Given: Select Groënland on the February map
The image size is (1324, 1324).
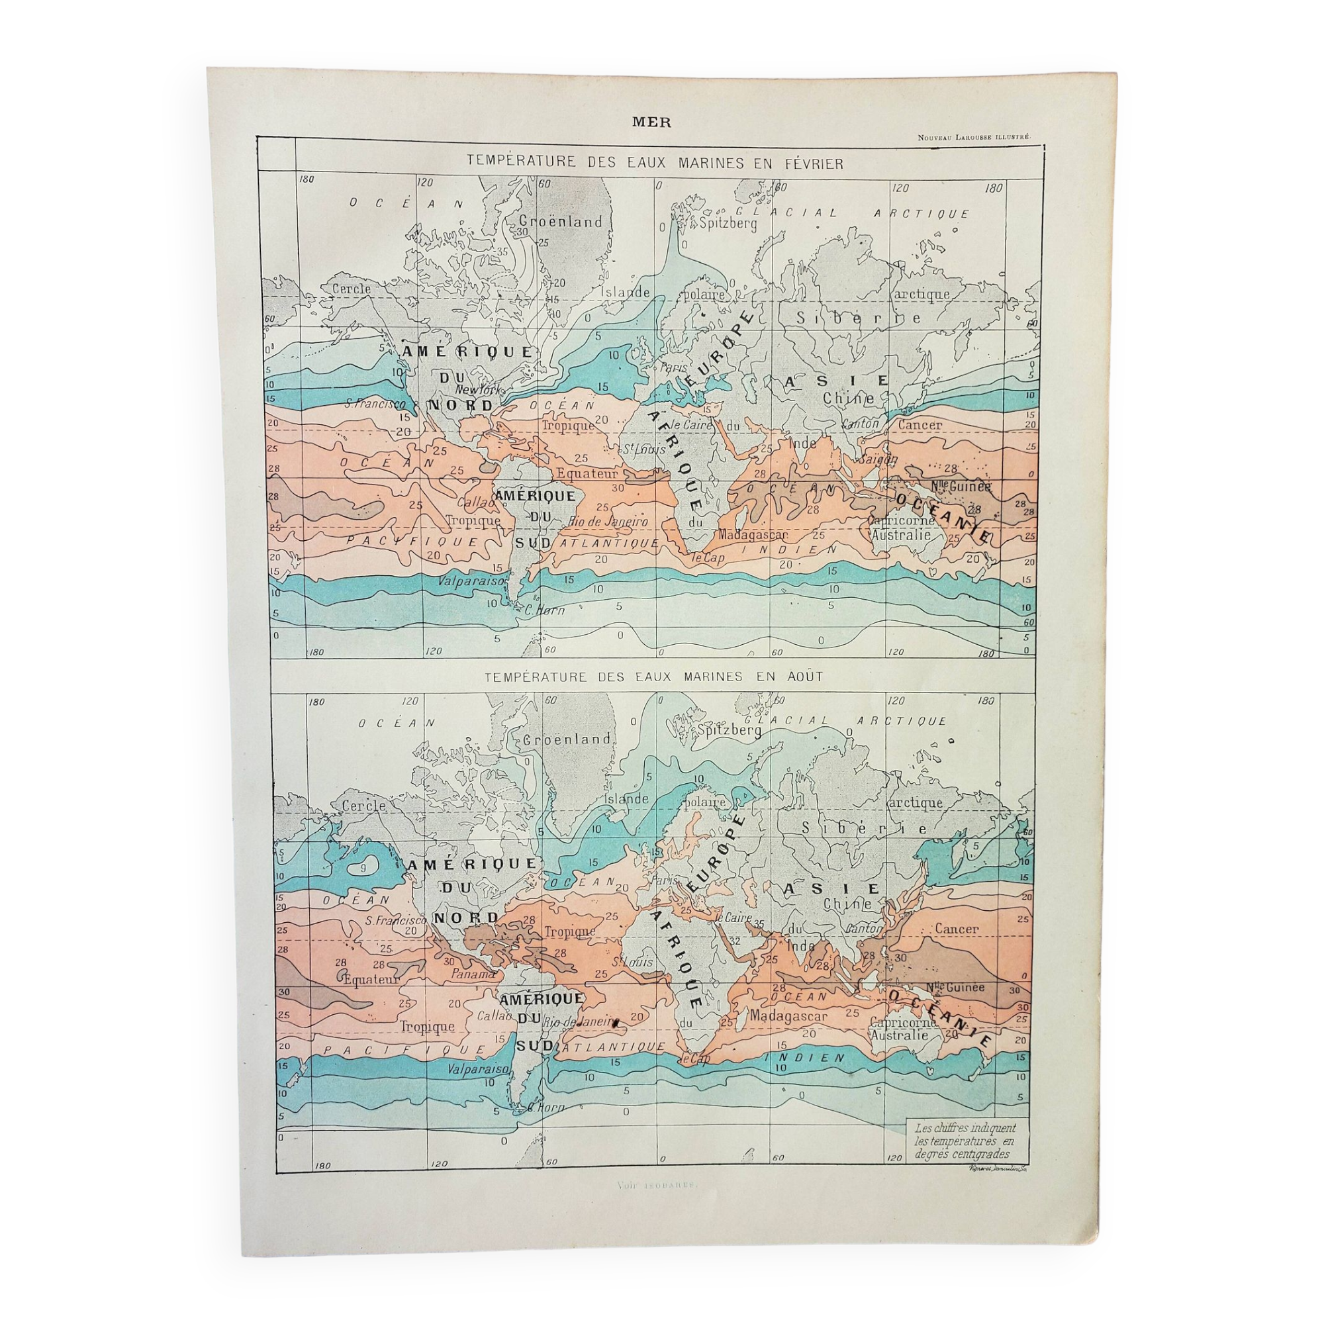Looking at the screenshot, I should coord(561,221).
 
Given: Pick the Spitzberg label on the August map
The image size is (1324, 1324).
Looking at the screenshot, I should coord(729,732).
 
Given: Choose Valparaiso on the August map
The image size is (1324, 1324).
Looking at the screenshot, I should coord(477,1068).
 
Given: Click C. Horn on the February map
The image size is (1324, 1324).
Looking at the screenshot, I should coord(544,610).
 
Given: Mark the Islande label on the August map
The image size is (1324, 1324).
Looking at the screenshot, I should coord(626,798).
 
